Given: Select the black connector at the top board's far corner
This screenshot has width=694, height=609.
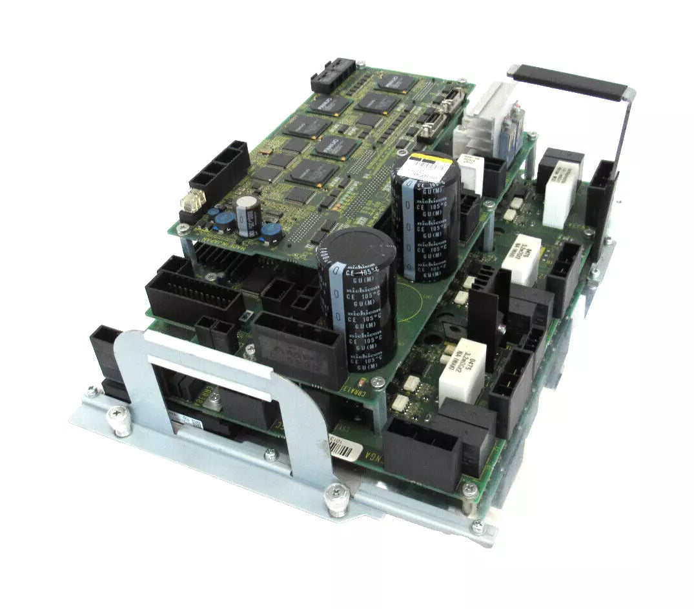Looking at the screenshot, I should coord(333,76).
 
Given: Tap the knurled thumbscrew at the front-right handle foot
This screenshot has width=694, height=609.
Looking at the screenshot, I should coord(337,498).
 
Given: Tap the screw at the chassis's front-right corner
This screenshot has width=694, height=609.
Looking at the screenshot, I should coord(477,527).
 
